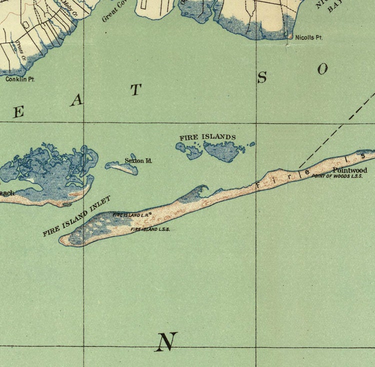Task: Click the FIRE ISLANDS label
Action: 207,137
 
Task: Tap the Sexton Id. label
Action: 138,161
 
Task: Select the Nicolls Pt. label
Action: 308,37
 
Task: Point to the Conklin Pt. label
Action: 20,79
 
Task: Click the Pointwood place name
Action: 350,170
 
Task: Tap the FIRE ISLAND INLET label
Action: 76,216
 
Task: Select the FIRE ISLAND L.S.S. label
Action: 150,229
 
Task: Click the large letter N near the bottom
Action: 166,342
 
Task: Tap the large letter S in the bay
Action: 262,77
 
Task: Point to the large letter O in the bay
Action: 322,69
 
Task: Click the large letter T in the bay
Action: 136,90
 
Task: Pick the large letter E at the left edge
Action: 18,112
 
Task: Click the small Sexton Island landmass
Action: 122,168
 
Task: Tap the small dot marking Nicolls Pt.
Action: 290,36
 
